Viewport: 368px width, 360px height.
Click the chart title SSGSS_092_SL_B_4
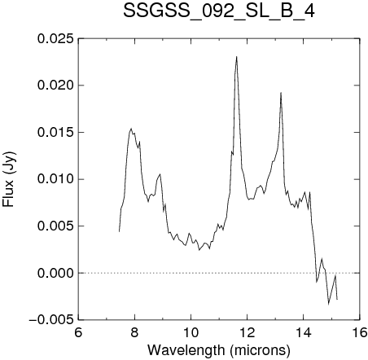coord(219,11)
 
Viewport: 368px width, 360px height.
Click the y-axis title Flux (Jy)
coord(9,179)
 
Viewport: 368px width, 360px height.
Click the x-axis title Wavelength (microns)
coord(219,350)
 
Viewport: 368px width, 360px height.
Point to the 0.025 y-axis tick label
coord(55,39)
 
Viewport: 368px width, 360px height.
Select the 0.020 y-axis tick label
coord(55,86)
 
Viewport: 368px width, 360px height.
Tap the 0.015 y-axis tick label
coord(55,133)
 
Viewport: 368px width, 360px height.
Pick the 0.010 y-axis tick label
coord(55,179)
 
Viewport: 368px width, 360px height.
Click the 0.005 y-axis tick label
coord(55,226)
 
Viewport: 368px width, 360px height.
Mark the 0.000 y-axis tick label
coord(55,273)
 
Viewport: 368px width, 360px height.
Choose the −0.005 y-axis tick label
coord(51,320)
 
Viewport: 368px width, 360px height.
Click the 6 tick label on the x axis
coord(78,332)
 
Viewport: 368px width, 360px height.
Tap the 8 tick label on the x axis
coord(134,332)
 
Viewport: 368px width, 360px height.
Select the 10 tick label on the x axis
coord(191,332)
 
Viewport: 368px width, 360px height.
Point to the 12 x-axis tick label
coord(247,332)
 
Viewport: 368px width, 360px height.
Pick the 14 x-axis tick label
coord(304,332)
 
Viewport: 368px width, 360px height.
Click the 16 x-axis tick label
coord(360,332)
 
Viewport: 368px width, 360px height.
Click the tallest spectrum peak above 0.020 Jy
coord(237,57)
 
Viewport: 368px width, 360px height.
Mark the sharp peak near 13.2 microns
coord(281,93)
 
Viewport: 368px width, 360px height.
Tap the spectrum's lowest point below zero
coord(329,305)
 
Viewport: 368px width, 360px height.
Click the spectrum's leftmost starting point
coord(119,231)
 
